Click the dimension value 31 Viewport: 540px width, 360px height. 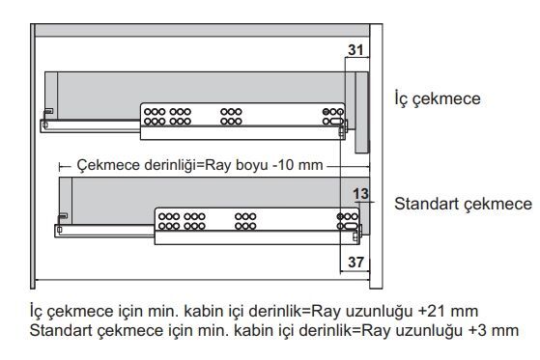[x=355, y=50]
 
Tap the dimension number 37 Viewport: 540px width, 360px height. [x=355, y=263]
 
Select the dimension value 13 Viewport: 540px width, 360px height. [x=360, y=194]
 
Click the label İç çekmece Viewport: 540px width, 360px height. [x=438, y=98]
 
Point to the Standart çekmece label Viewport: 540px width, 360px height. [x=463, y=204]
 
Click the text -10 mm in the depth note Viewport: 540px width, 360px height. [x=298, y=165]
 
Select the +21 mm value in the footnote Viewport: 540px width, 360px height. [x=448, y=311]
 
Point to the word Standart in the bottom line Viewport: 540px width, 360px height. [x=61, y=330]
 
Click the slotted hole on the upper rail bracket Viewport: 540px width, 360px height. [x=337, y=122]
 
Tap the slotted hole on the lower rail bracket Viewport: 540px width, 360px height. [x=352, y=226]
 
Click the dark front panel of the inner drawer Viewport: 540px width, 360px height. [x=361, y=112]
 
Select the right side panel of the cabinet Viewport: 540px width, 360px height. [x=376, y=156]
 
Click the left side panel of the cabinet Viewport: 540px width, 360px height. [x=33, y=156]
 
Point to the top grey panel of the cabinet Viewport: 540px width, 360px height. [x=203, y=30]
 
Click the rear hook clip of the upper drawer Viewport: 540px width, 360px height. [x=47, y=112]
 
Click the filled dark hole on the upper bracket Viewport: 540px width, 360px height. [x=326, y=112]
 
